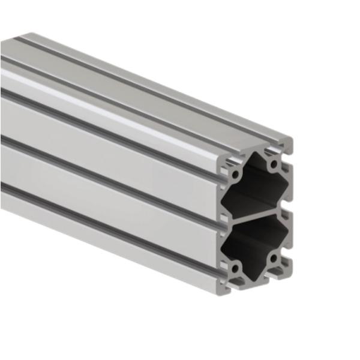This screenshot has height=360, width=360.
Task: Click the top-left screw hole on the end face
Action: [x=236, y=173]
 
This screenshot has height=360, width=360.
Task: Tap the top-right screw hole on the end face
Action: [x=274, y=164]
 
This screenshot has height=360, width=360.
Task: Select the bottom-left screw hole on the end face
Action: [x=236, y=268]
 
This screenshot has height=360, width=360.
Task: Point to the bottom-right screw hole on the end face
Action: [x=274, y=259]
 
